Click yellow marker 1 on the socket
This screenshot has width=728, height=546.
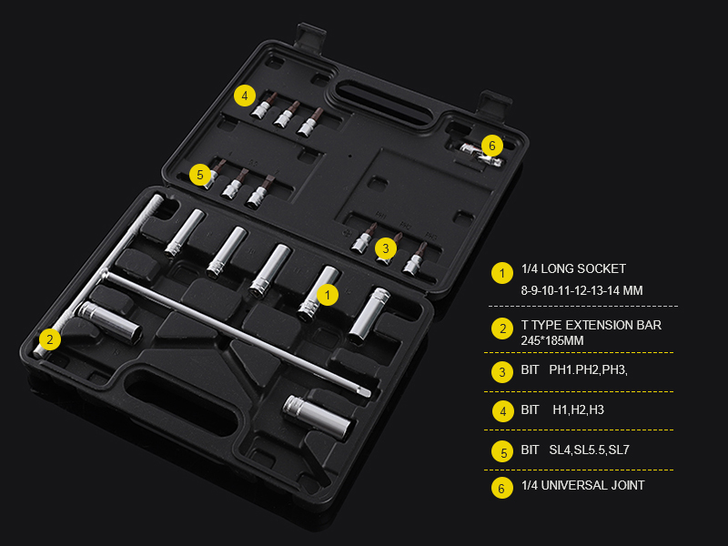(x=328, y=295)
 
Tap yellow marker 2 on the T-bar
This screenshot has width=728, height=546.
(x=50, y=339)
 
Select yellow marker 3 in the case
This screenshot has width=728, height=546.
(x=386, y=248)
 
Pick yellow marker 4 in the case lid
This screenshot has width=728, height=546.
(x=245, y=96)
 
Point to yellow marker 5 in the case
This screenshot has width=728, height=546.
(x=200, y=175)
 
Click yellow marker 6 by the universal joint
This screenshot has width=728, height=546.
(x=492, y=146)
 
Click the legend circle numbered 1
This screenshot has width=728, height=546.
(x=502, y=273)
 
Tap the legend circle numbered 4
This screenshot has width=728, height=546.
(x=502, y=411)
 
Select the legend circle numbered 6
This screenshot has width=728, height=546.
(x=502, y=488)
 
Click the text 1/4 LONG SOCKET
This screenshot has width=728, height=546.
(x=573, y=268)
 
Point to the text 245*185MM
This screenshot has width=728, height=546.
(x=552, y=340)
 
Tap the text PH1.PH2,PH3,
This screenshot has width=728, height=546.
(x=588, y=370)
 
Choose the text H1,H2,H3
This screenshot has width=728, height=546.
(x=579, y=410)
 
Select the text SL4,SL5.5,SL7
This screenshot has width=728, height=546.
(x=589, y=450)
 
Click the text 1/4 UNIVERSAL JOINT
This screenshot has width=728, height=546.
(x=582, y=485)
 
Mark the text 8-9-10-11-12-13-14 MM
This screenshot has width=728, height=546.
(x=581, y=290)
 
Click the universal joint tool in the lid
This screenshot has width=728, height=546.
(x=481, y=155)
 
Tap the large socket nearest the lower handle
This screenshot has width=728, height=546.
(x=318, y=418)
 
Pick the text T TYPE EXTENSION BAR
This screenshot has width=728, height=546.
(x=591, y=325)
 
